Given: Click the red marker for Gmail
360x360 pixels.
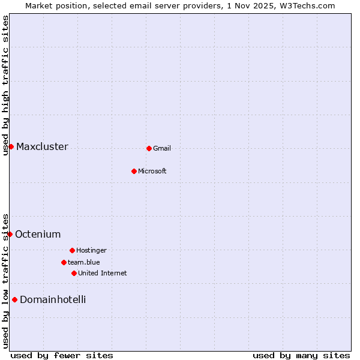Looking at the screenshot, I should pos(149,148).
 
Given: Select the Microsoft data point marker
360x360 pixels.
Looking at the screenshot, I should pos(134,171).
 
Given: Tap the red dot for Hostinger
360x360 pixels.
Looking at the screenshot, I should pos(72,250).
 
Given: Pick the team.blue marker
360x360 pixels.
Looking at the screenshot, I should pos(64,262).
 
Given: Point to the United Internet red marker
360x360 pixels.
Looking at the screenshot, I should pos(74,273).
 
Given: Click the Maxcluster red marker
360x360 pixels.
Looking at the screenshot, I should pos(11,146).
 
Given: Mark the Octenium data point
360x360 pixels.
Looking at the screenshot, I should pos(10,234).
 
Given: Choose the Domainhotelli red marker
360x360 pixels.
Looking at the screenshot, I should pos(14,299).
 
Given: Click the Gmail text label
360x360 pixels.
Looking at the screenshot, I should pos(162,148).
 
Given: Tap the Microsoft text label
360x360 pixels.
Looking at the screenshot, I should pos(152,171).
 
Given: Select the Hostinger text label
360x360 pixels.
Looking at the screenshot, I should pos(91,250).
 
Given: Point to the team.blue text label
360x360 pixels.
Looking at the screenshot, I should pos(84,262).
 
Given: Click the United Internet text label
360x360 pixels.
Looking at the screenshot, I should pos(103,273).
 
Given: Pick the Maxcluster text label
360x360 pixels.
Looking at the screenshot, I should pos(42,146).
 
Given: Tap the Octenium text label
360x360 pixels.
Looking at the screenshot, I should pos(38,234).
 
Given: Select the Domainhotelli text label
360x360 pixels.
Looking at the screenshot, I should pos(53,299).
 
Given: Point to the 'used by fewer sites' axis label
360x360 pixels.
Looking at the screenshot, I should pos(62,355).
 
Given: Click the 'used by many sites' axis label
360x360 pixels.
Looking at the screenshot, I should pos(301,355).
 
